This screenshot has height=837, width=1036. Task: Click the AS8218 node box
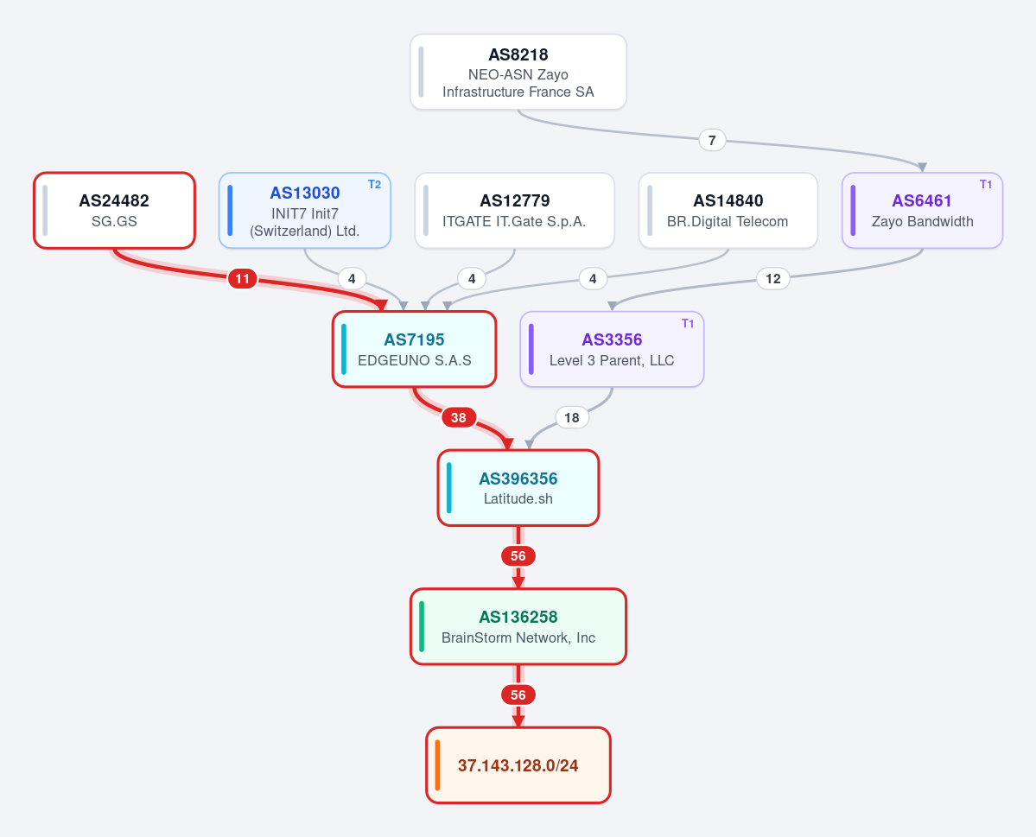click(x=518, y=72)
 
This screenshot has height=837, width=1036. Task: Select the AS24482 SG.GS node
click(x=114, y=211)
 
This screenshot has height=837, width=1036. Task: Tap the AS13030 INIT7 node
click(x=305, y=211)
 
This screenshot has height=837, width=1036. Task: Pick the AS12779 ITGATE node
click(x=515, y=211)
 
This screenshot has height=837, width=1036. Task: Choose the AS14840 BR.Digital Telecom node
click(x=728, y=211)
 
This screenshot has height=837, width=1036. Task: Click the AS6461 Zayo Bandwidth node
click(x=922, y=211)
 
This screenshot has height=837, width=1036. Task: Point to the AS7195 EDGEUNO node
click(x=414, y=350)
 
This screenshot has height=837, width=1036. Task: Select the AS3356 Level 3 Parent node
click(x=612, y=350)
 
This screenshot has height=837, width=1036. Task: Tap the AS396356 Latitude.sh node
click(x=518, y=488)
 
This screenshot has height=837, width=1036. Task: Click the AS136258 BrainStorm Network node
click(x=518, y=627)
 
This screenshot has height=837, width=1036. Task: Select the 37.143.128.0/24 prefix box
click(x=518, y=765)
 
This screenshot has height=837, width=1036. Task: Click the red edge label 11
click(x=243, y=279)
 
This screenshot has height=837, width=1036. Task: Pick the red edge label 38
click(x=459, y=417)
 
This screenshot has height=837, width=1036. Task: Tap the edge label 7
click(x=712, y=140)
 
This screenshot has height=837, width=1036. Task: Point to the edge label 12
click(x=773, y=279)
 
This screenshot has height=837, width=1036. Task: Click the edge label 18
click(x=571, y=417)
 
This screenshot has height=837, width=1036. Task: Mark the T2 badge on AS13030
click(x=375, y=184)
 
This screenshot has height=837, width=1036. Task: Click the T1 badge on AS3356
click(x=688, y=323)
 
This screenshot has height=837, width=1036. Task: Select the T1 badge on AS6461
click(x=986, y=184)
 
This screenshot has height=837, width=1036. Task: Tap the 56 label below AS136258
click(x=518, y=695)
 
